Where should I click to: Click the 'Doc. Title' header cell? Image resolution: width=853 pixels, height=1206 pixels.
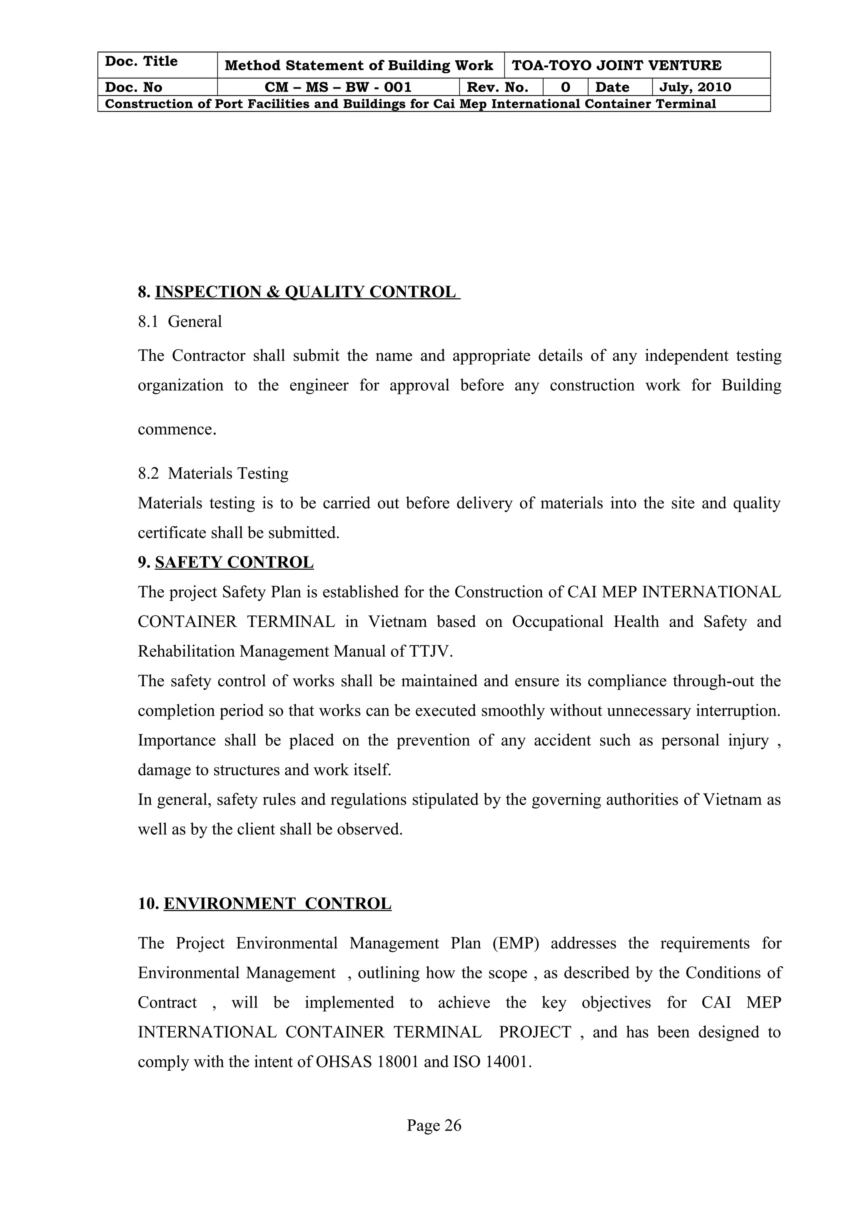[x=141, y=62]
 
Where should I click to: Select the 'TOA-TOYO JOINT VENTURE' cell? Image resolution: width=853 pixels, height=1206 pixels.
[x=616, y=66]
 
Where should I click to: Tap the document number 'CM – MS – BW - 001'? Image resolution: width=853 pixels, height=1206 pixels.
[x=338, y=87]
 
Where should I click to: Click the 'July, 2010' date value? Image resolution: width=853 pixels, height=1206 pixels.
[x=695, y=87]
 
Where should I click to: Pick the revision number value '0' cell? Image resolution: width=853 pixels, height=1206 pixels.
[x=565, y=87]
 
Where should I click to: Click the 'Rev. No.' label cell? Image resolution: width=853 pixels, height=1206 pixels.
[x=497, y=87]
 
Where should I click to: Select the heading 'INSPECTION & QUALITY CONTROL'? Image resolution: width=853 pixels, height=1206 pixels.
[x=307, y=292]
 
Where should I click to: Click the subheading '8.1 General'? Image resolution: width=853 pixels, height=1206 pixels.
[x=180, y=321]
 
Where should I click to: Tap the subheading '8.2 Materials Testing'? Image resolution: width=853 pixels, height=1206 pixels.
[x=213, y=473]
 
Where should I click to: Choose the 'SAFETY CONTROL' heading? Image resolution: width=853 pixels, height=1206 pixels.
[x=234, y=562]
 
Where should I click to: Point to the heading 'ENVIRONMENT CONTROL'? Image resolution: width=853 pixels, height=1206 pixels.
[x=277, y=903]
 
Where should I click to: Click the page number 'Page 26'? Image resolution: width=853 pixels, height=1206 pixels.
[x=434, y=1125]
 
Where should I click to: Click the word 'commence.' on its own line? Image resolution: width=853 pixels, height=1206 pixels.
[x=177, y=429]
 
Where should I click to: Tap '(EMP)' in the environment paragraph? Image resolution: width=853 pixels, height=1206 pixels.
[x=516, y=943]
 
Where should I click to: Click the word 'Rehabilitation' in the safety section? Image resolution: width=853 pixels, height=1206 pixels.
[x=186, y=651]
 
